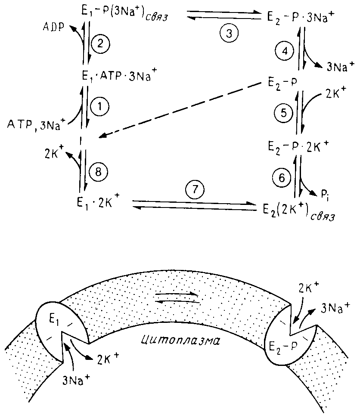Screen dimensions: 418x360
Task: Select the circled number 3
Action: [x=228, y=34]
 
